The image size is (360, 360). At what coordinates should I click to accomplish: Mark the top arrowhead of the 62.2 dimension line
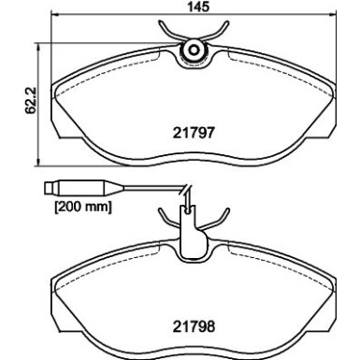pyautogui.click(x=35, y=39)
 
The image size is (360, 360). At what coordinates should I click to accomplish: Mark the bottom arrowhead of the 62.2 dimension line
pyautogui.click(x=35, y=159)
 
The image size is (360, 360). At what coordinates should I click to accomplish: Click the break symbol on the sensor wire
pyautogui.click(x=186, y=194)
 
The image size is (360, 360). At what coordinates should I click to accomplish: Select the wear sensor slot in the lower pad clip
pyautogui.click(x=192, y=229)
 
